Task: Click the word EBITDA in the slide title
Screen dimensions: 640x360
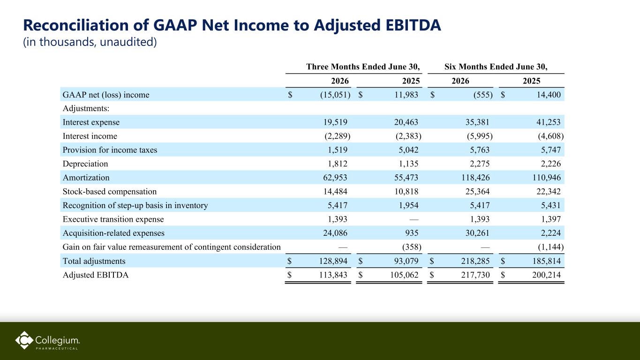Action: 413,25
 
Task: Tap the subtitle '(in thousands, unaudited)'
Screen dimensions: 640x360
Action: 90,42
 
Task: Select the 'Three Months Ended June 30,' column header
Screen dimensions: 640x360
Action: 363,67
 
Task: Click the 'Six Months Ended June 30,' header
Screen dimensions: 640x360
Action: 496,67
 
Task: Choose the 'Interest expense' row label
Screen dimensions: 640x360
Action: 91,122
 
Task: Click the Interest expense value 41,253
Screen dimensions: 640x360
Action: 549,122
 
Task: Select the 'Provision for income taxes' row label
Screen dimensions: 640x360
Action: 110,150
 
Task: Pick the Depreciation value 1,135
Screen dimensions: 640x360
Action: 408,164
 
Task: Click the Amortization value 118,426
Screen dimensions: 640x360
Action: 475,178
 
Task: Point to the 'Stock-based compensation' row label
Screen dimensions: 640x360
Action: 109,191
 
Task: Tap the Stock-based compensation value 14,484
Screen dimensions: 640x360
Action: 335,191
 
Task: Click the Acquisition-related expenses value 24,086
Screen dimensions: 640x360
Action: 335,233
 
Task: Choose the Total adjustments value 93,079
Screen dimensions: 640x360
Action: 407,261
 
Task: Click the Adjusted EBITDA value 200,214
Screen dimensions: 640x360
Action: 546,275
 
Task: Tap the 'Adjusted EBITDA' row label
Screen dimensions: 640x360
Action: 96,275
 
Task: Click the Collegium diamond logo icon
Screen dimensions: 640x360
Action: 24,340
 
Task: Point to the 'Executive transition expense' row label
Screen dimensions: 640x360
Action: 113,219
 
